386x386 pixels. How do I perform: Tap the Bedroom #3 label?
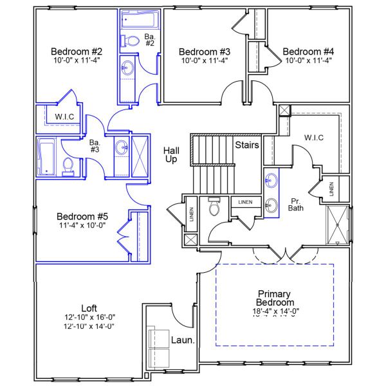point(204,51)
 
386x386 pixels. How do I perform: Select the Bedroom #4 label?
point(309,51)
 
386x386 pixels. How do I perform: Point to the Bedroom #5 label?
point(82,216)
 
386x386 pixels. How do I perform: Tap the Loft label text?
point(89,308)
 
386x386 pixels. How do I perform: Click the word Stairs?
point(247,145)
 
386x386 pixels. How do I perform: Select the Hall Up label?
point(171,154)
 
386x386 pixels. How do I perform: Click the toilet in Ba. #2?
point(133,41)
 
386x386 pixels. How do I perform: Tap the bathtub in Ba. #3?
point(47,156)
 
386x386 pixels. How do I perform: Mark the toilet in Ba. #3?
point(68,167)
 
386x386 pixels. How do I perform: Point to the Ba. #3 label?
point(94,146)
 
